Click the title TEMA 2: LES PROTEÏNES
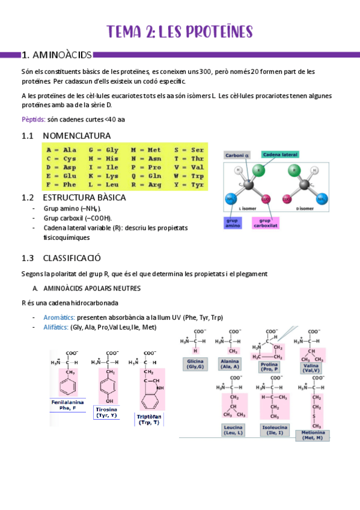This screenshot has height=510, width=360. [x=180, y=31]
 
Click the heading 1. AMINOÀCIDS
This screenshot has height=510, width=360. [x=56, y=55]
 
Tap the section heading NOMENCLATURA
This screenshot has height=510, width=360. [x=76, y=135]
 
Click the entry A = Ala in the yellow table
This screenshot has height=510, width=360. [x=61, y=149]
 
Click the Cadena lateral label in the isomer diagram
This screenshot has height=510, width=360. [x=280, y=155]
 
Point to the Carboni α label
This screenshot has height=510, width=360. [x=237, y=155]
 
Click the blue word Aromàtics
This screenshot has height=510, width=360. [x=59, y=317]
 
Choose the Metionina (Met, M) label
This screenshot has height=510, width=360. [x=312, y=434]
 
